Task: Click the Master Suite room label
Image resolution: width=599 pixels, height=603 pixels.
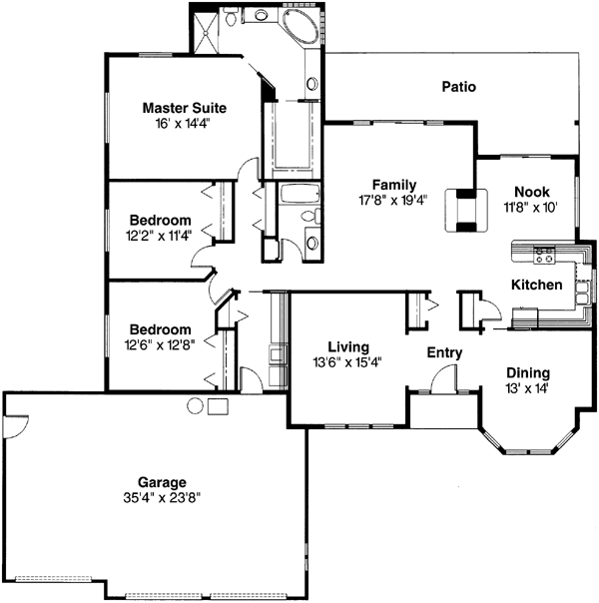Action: tap(184, 108)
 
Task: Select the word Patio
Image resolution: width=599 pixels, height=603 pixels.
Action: tap(458, 87)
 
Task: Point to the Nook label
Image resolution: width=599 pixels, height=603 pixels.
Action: tap(530, 193)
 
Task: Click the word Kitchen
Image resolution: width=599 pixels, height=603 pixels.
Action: tap(537, 286)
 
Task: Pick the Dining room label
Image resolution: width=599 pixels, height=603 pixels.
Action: tap(527, 370)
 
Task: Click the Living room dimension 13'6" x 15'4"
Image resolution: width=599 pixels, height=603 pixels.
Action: tap(346, 362)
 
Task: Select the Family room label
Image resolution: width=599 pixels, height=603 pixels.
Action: tap(394, 185)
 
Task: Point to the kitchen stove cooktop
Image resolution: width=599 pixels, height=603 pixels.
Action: tap(545, 257)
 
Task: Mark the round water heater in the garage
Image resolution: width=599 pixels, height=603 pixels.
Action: tap(196, 405)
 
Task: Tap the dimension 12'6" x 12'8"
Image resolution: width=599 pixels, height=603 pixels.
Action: tap(161, 343)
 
